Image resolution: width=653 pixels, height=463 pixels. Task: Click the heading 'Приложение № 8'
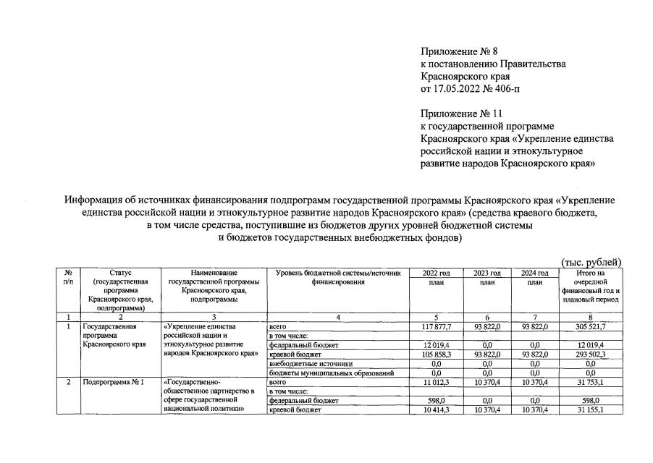[x=457, y=51]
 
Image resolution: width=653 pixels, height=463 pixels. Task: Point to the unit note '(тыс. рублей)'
[x=591, y=262]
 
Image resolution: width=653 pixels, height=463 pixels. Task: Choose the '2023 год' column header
[x=487, y=273]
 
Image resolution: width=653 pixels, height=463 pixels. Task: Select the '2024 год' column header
[x=534, y=273]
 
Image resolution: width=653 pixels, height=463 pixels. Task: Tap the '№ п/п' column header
[x=68, y=277]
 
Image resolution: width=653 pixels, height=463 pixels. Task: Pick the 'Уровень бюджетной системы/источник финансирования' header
[x=338, y=277]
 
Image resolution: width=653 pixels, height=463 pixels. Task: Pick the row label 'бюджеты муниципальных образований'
[x=331, y=373]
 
